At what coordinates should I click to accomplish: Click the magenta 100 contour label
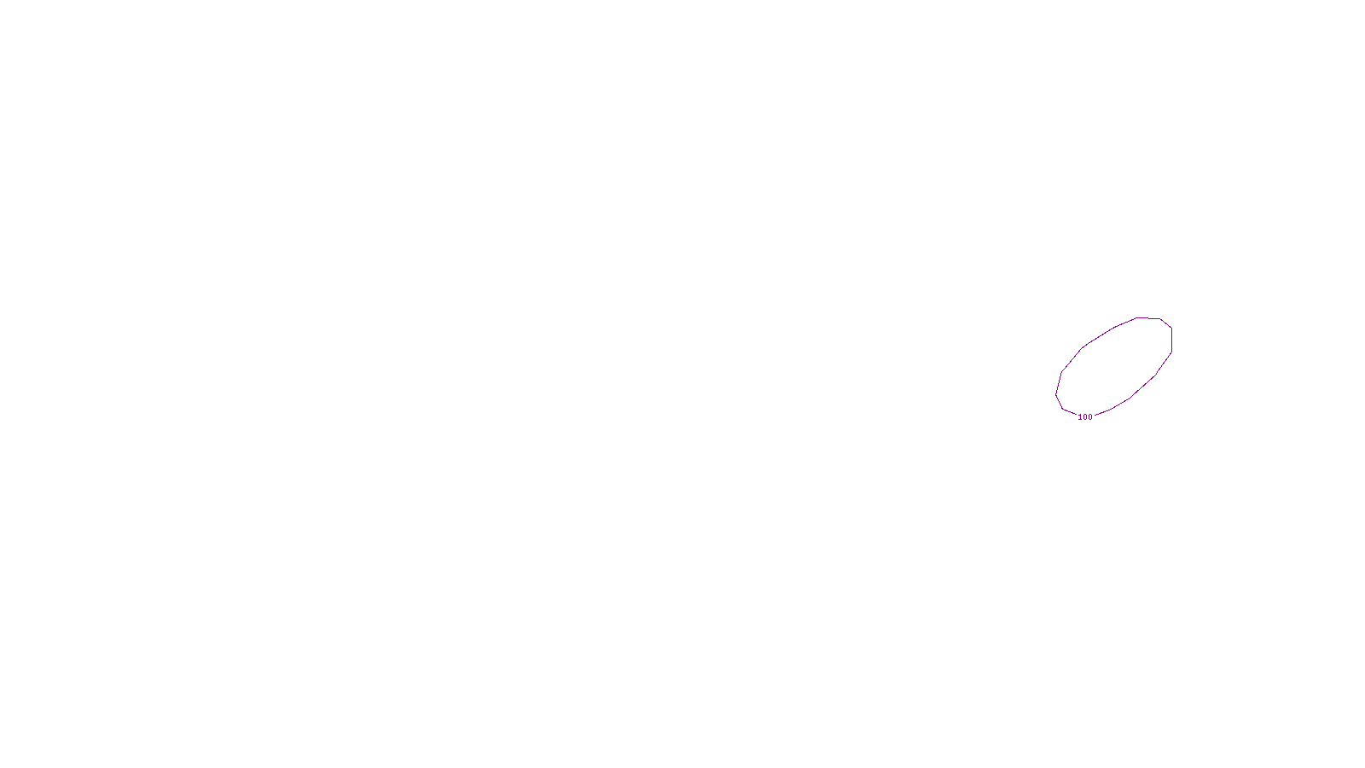point(1085,417)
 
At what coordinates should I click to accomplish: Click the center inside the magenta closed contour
point(1114,367)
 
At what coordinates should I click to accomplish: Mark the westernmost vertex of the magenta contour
point(1056,393)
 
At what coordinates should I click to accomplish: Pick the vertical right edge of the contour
point(1171,340)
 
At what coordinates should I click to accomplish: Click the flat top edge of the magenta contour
point(1148,318)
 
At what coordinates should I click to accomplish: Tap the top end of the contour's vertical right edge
point(1171,328)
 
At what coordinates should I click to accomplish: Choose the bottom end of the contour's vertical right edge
point(1171,352)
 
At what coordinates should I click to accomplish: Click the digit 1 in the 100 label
point(1080,417)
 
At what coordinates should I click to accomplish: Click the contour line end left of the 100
point(1076,415)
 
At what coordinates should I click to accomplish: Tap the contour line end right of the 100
point(1095,416)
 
